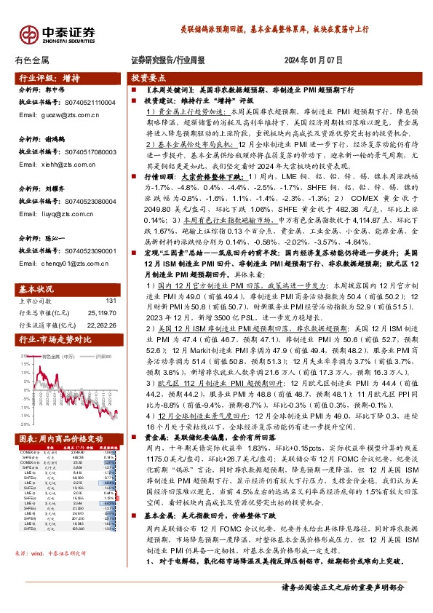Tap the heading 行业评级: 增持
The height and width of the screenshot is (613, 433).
[49, 77]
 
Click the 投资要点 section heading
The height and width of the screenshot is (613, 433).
[148, 77]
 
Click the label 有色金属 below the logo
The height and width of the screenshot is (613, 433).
[31, 61]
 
